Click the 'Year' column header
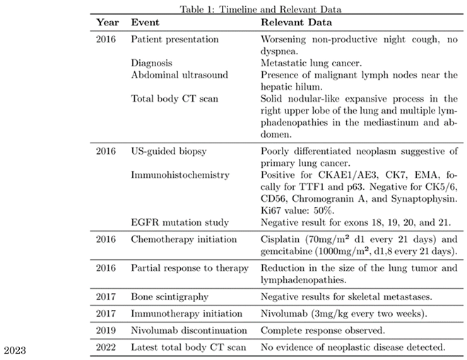(x=107, y=23)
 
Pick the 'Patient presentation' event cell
(x=175, y=40)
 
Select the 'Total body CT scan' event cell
(x=174, y=98)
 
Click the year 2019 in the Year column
(x=107, y=330)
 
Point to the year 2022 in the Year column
(x=107, y=347)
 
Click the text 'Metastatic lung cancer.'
(x=314, y=63)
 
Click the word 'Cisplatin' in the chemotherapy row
(x=281, y=240)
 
